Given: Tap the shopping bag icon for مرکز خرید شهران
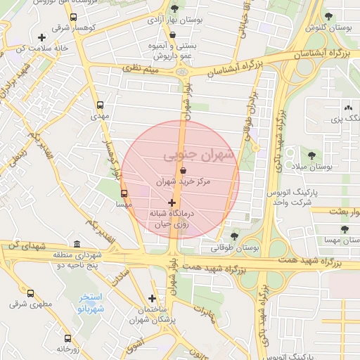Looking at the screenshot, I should [183, 170].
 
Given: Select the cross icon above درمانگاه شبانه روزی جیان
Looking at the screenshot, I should [172, 202].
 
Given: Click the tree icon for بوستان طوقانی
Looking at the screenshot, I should [234, 236].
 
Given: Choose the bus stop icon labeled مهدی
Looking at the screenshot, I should [100, 105].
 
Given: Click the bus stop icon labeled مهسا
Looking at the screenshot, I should [124, 193].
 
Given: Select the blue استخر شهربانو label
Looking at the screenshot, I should [91, 303].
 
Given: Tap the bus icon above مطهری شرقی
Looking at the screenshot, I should [30, 294].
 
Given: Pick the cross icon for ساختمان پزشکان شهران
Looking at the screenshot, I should [152, 298].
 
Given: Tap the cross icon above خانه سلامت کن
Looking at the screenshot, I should [43, 37].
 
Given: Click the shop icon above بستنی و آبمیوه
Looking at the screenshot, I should [173, 34].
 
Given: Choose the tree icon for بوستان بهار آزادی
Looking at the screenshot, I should [174, 9].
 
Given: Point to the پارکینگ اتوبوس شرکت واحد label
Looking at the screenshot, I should [290, 197].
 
